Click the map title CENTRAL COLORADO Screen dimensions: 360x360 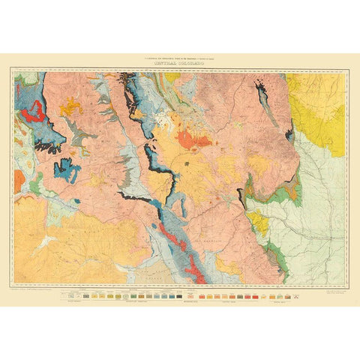coord(180,64)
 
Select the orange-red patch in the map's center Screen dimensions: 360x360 coord(194,139)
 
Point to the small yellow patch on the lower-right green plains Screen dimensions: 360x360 coord(259,221)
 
